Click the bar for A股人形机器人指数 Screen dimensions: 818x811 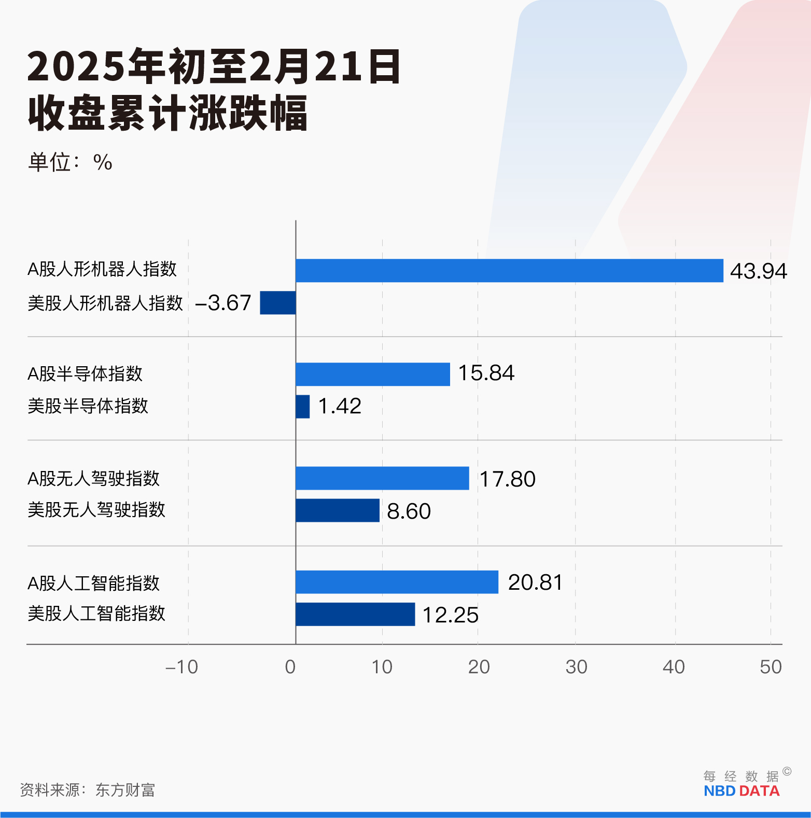coord(509,271)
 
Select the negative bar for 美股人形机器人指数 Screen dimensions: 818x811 coord(278,303)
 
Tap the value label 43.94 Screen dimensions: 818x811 coord(758,271)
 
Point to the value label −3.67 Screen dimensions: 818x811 coord(223,303)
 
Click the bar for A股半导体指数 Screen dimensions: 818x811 coord(372,375)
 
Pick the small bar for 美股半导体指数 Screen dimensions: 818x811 coord(302,407)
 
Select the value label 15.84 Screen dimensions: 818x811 coord(486,373)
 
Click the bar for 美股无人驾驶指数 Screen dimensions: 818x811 coord(338,510)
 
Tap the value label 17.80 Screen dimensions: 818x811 coord(507,479)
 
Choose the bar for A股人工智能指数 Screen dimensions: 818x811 coord(397,582)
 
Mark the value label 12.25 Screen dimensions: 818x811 coord(450,615)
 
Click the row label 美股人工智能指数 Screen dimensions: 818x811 coord(96,614)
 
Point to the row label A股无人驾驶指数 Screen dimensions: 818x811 coord(93,478)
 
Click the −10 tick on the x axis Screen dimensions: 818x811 coord(182,667)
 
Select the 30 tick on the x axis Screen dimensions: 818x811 coord(576,667)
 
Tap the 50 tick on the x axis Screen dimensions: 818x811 coord(771,667)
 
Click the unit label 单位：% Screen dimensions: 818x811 coord(70,162)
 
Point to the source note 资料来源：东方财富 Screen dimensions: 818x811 coord(87,790)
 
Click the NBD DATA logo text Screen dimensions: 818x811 coord(742,791)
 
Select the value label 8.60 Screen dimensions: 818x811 coord(409,511)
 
